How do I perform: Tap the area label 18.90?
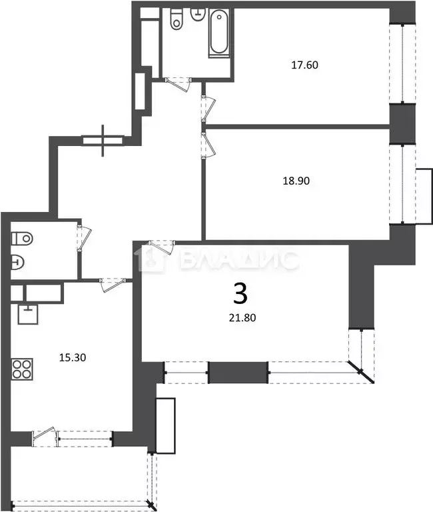click(x=296, y=180)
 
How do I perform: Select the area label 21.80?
click(x=240, y=318)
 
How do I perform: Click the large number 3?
click(x=240, y=293)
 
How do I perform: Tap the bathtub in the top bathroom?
click(x=219, y=33)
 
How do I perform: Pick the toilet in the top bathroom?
click(x=177, y=19)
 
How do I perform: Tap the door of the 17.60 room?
click(x=209, y=107)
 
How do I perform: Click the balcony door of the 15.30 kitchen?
click(x=43, y=435)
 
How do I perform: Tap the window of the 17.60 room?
click(x=404, y=63)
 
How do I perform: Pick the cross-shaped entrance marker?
click(x=103, y=140)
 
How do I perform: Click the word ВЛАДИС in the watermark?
click(x=238, y=260)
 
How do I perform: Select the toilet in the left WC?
click(x=22, y=237)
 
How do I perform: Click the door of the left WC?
click(x=84, y=237)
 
